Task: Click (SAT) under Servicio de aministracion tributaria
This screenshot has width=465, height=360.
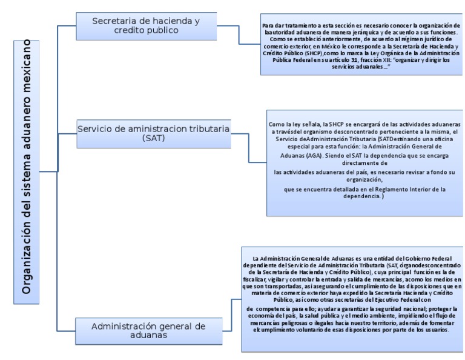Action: [153, 139]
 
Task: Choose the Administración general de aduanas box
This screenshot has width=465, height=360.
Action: [148, 330]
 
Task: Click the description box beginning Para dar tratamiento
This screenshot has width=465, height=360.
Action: [361, 44]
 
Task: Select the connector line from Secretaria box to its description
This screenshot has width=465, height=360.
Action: [239, 25]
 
